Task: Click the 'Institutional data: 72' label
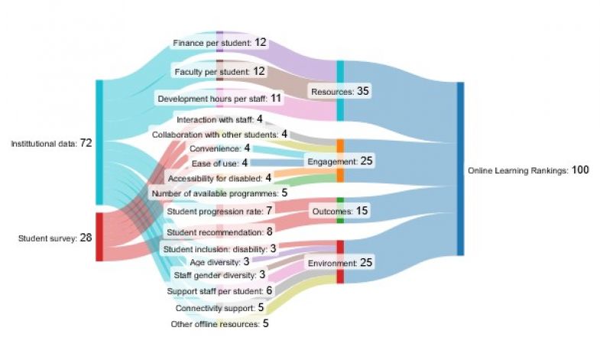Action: (51, 143)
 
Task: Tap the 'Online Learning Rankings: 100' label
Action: (528, 170)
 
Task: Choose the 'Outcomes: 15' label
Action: (339, 209)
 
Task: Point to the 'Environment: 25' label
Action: (339, 263)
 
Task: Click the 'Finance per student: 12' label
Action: (219, 42)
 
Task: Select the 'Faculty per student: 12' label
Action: (219, 71)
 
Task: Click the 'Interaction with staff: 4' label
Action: (219, 119)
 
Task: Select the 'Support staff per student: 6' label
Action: (219, 290)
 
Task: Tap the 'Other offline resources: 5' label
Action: (219, 323)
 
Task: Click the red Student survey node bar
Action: (99, 237)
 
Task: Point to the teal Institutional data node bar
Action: (99, 142)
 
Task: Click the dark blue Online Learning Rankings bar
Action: (460, 169)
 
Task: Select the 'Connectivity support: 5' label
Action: (219, 308)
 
